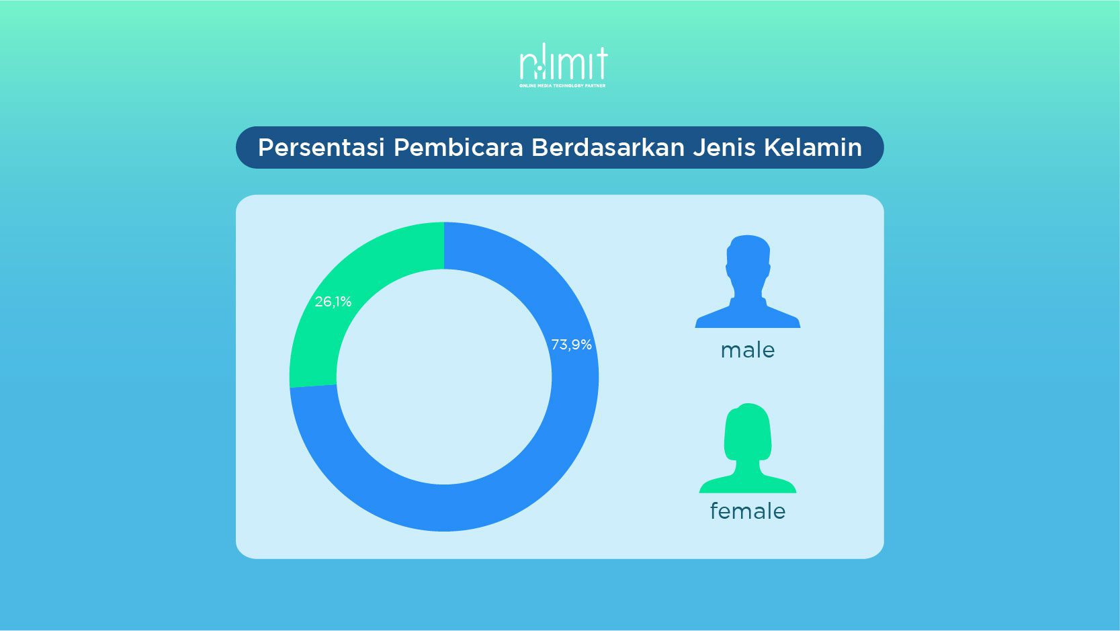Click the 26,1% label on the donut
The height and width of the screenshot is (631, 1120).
click(x=333, y=302)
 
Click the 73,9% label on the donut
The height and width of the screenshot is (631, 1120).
click(x=572, y=345)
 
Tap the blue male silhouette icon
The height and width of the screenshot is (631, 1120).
click(x=748, y=282)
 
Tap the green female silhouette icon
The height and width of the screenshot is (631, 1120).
click(x=748, y=448)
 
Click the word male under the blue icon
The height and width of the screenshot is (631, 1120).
click(x=748, y=351)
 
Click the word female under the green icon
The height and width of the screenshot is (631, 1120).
click(x=748, y=511)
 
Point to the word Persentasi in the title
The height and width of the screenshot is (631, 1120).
click(x=321, y=147)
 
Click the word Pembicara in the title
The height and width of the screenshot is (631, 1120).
click(x=458, y=147)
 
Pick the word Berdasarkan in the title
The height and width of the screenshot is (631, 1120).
click(x=607, y=147)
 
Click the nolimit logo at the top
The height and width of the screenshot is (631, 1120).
click(x=563, y=62)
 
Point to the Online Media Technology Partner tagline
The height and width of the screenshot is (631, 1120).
click(x=562, y=86)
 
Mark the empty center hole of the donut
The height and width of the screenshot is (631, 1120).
click(x=444, y=376)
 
